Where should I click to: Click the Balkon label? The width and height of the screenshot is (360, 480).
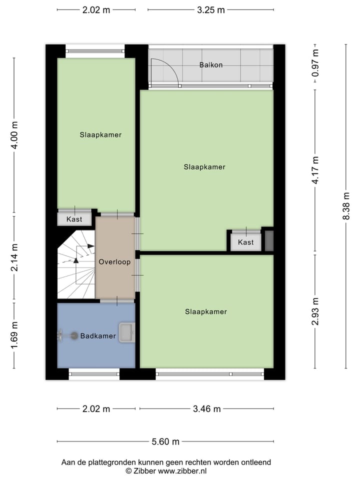(210, 65)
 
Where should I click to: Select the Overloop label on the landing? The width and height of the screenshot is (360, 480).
(114, 262)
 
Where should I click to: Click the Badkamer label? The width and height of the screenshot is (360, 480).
(98, 336)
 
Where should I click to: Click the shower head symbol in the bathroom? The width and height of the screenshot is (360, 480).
(74, 336)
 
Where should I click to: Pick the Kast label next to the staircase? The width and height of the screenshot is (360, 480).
(74, 219)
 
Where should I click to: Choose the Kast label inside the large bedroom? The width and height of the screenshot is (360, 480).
(245, 242)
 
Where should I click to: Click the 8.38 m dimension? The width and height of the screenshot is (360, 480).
(345, 206)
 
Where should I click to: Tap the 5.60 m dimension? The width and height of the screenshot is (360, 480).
(165, 441)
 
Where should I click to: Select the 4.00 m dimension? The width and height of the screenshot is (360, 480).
(14, 136)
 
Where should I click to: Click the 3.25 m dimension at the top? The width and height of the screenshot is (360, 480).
(210, 9)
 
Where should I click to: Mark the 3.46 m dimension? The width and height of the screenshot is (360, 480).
(206, 409)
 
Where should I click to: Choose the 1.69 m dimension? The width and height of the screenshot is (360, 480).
(14, 334)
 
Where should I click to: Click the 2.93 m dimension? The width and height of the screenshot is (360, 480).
(315, 311)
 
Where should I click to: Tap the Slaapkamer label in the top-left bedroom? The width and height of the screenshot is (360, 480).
(100, 135)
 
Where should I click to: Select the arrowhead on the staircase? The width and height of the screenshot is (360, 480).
(90, 246)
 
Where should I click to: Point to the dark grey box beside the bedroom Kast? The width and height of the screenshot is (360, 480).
(268, 241)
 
